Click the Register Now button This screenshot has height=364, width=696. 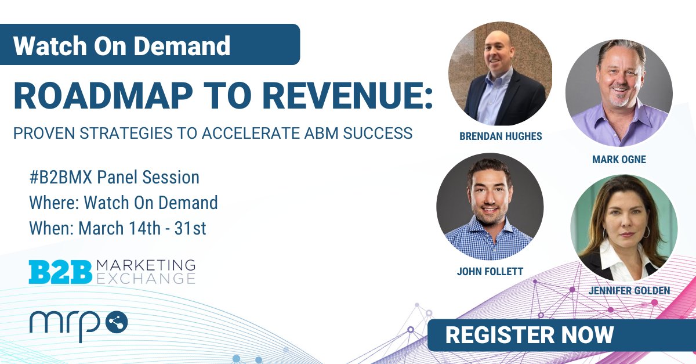529,335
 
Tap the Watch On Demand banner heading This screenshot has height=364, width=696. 122,45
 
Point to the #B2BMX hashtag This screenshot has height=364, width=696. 63,177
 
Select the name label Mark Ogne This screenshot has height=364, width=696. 619,160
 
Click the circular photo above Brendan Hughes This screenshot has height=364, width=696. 500,74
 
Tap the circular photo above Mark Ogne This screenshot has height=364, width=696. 619,93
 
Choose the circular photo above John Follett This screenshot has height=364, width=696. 490,207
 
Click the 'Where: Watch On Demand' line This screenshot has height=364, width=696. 124,203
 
